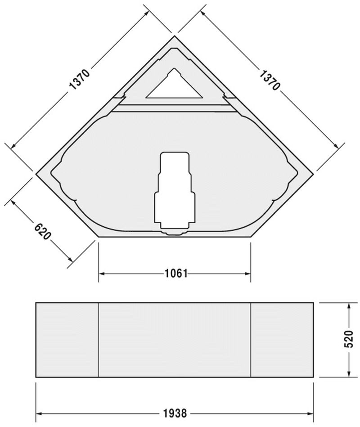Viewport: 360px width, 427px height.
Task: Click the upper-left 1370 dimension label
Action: point(80,80)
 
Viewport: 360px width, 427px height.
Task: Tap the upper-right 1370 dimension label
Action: point(270,80)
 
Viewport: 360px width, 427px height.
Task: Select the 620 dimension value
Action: point(42,230)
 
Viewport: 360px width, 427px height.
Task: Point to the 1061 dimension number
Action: point(175,274)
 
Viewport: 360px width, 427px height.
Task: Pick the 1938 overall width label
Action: point(175,413)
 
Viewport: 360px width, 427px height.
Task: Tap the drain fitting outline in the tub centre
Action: point(175,193)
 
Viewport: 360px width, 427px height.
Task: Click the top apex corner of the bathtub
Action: point(175,36)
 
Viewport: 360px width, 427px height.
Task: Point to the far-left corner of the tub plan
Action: point(36,172)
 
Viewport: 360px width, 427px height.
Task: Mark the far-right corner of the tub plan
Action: point(314,172)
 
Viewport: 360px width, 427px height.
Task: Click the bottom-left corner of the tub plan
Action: point(99,236)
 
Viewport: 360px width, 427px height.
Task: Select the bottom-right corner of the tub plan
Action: point(251,236)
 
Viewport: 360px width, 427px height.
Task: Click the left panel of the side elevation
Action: point(67,340)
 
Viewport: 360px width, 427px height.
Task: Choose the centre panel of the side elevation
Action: point(175,340)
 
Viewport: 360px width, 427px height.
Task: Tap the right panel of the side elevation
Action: point(282,340)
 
